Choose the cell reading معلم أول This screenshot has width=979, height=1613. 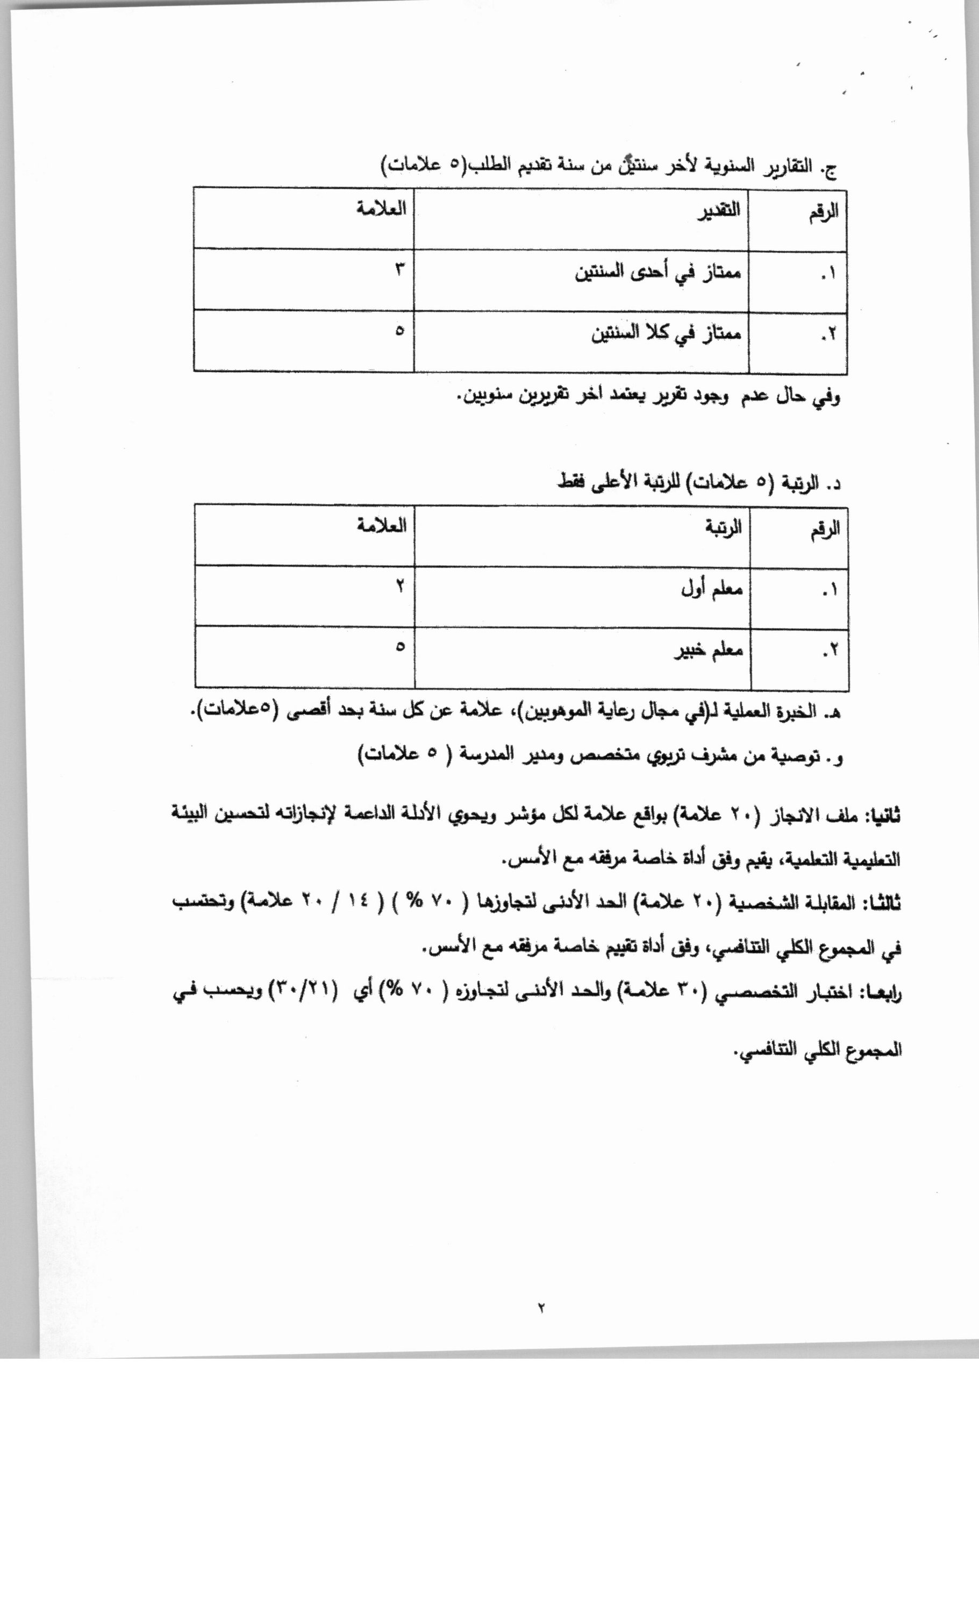[x=712, y=589]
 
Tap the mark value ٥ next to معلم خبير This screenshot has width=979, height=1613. [x=399, y=647]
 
